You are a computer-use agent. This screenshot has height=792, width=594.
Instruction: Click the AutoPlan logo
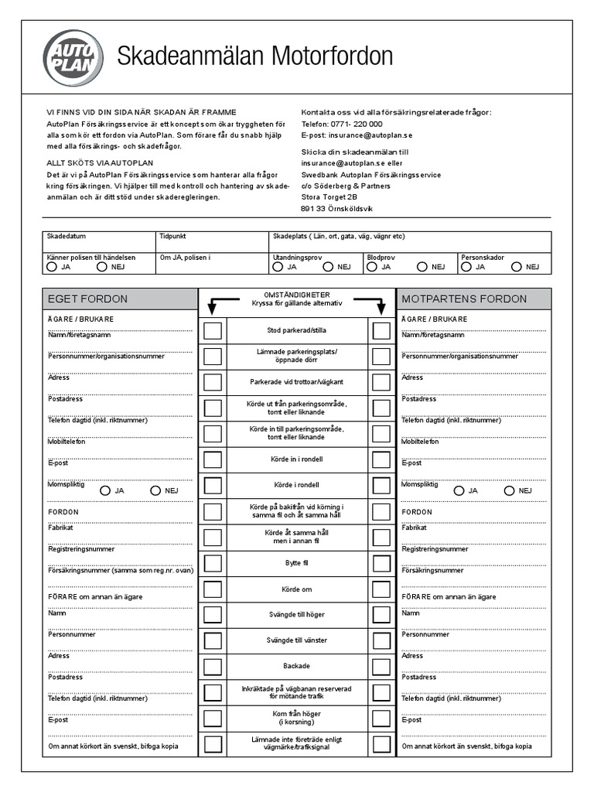point(72,57)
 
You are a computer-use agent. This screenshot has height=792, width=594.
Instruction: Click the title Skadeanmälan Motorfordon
point(254,56)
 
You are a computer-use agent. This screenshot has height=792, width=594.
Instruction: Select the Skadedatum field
point(98,241)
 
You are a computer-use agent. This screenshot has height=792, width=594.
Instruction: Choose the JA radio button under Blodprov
point(372,267)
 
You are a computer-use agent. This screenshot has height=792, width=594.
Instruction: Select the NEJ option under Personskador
point(516,267)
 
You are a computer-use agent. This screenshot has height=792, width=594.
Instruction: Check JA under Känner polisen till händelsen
point(52,267)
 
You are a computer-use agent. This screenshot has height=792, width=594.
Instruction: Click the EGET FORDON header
point(120,299)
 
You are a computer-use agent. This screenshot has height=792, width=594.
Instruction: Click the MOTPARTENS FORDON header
point(473,299)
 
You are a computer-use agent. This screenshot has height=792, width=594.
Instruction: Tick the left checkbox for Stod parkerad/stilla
point(213,331)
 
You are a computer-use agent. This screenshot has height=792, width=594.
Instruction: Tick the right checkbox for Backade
point(381,667)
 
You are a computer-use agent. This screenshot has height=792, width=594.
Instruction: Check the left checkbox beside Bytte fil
point(213,563)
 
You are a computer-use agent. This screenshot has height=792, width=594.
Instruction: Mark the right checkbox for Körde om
point(381,589)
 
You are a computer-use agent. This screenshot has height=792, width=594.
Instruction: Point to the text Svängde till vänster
point(297,640)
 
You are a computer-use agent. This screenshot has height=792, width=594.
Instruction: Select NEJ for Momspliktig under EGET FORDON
point(155,490)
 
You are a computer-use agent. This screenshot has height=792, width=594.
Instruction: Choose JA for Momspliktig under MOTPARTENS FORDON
point(459,490)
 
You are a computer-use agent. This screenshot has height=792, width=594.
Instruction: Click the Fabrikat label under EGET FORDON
point(61,527)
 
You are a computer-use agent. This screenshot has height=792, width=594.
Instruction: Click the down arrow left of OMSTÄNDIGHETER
point(212,308)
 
